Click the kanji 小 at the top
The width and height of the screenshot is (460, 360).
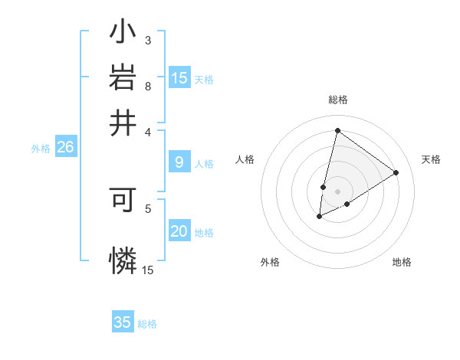coord(123,34)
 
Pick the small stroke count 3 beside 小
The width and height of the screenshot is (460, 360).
coord(148,40)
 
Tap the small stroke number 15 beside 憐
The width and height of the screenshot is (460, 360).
coord(148,270)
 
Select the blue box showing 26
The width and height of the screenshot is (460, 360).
coord(65,148)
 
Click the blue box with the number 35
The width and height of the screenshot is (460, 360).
coord(123,322)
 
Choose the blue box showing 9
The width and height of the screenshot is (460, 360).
coord(179,162)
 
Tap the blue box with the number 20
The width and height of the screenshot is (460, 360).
coord(179,232)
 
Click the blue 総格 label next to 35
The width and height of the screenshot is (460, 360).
coord(147,324)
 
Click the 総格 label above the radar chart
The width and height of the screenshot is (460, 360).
coord(337,100)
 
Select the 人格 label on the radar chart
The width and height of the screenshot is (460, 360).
coord(245,159)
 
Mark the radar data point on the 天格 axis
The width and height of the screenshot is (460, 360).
coord(396,172)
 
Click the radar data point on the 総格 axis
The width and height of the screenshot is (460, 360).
coord(337,130)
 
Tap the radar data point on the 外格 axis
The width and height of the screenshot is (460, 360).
coord(319,218)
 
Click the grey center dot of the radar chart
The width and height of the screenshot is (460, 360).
coord(337,191)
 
